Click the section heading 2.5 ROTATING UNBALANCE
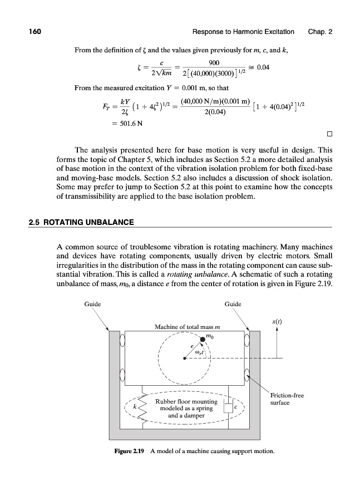[81, 223]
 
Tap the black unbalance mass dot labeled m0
[203, 341]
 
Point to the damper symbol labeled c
[228, 408]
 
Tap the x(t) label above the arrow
[277, 322]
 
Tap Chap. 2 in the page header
[320, 32]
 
